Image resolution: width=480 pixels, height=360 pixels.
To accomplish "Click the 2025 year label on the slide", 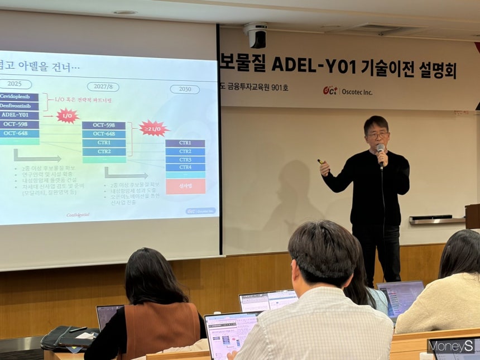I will point(15,84).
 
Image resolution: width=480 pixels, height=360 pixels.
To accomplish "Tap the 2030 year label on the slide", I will point(185,89).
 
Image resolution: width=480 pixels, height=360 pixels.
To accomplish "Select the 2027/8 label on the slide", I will point(103,87).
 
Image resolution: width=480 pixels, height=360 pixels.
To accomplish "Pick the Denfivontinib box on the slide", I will point(19,106).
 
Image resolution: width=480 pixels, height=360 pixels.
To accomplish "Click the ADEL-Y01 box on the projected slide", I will point(19,115).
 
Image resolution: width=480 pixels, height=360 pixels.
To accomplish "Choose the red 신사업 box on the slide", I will point(185,186).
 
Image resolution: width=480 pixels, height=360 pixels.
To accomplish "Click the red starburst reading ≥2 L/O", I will point(153,128).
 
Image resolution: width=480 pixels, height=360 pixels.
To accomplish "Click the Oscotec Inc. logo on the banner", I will point(347,91).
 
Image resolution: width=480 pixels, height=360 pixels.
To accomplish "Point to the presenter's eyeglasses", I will point(378,135).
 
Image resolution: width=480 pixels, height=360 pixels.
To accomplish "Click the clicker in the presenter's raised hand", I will point(322,162).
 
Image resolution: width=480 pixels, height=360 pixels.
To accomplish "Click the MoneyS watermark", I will point(452,347).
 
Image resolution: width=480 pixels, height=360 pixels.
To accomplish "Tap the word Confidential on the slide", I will point(78,214).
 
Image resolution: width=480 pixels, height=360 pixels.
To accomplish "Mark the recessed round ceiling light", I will point(124,12).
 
